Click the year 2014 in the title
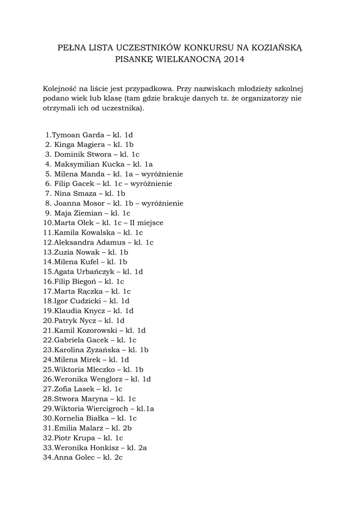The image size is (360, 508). (x=234, y=60)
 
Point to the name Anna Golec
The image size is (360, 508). (x=74, y=457)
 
